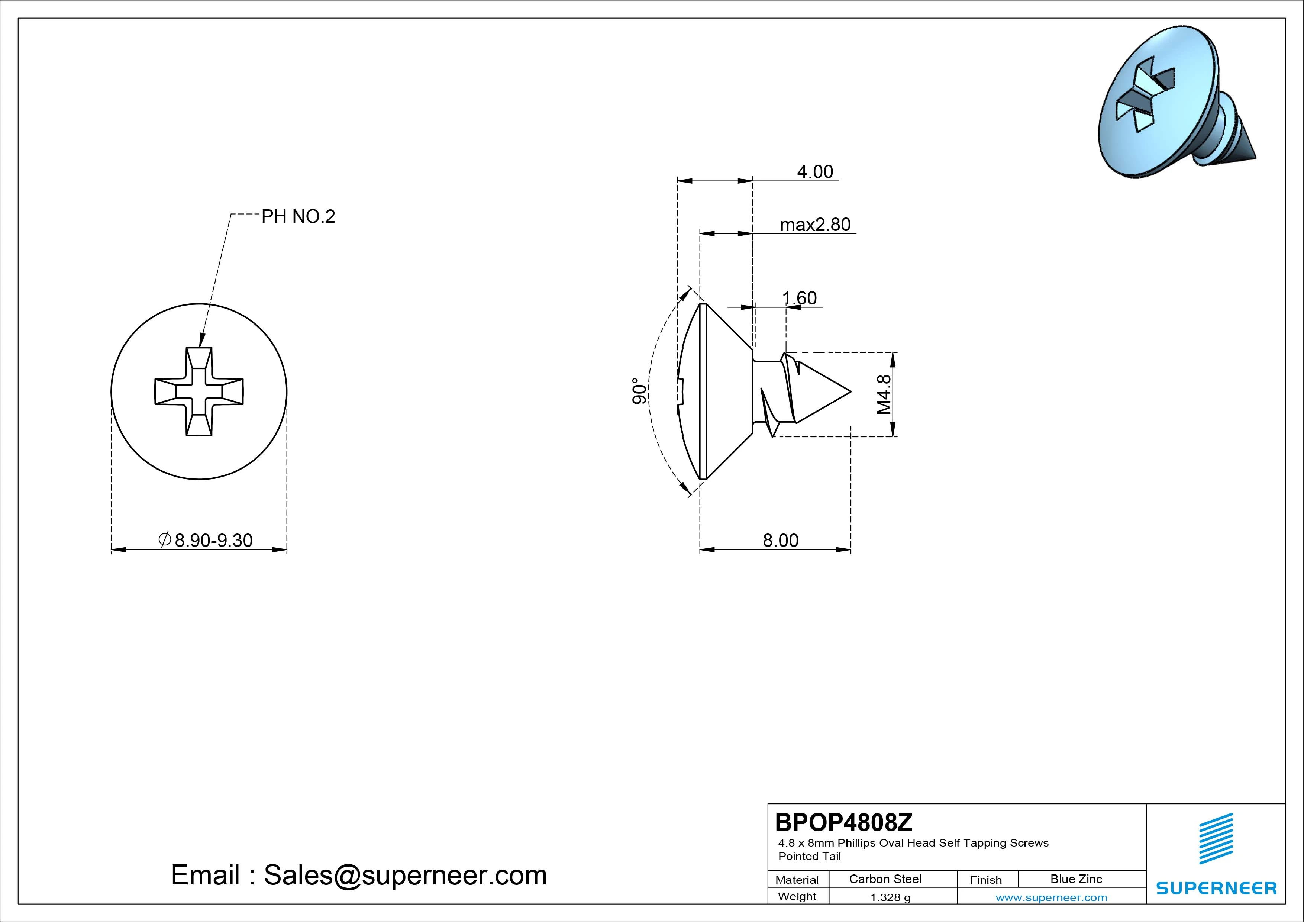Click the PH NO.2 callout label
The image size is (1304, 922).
298,216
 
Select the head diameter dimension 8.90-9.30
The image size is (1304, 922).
206,540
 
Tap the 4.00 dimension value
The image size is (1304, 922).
815,171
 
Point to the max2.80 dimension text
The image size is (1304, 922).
816,225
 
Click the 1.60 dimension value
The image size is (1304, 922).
800,298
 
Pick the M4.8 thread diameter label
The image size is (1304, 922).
884,394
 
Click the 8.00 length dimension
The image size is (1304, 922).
780,540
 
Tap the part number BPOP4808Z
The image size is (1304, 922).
844,822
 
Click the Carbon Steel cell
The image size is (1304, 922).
885,879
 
